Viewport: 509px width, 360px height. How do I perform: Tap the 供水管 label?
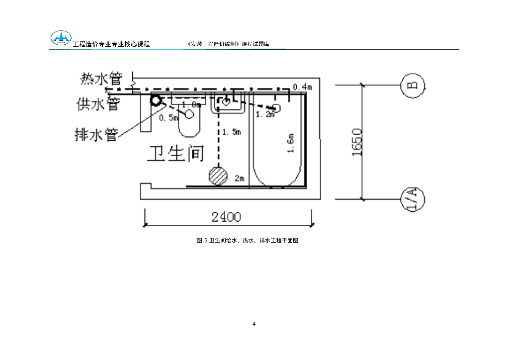coord(98,104)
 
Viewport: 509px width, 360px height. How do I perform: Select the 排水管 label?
coord(96,134)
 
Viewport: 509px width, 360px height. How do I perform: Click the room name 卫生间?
coord(175,154)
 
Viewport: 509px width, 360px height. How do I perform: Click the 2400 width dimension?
coord(226,217)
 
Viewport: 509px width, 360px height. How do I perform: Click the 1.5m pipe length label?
coord(231,132)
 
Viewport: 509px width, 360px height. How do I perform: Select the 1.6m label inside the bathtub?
coord(291,143)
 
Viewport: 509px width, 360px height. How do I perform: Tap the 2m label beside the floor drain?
coord(240,178)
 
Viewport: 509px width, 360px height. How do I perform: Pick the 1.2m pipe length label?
coord(265,115)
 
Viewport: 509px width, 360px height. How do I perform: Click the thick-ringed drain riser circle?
coord(156,100)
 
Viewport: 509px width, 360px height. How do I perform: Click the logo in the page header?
coord(61,38)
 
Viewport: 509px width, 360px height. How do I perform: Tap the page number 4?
coord(254,324)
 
